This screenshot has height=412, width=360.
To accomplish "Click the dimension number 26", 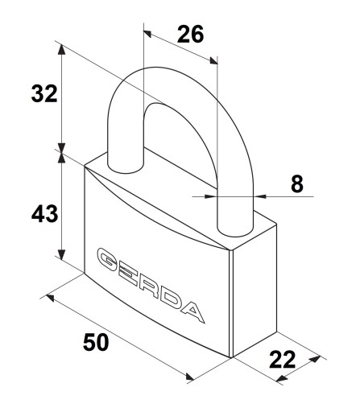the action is [190, 35].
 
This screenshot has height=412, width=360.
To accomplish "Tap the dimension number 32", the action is [44, 93].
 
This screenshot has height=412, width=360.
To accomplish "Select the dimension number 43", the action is [44, 213].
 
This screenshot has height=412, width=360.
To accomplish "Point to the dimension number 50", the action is [96, 342].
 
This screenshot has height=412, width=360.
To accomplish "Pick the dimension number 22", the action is [283, 360].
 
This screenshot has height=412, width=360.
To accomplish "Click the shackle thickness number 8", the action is [297, 184].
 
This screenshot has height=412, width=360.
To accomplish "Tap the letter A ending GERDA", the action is [192, 311].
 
